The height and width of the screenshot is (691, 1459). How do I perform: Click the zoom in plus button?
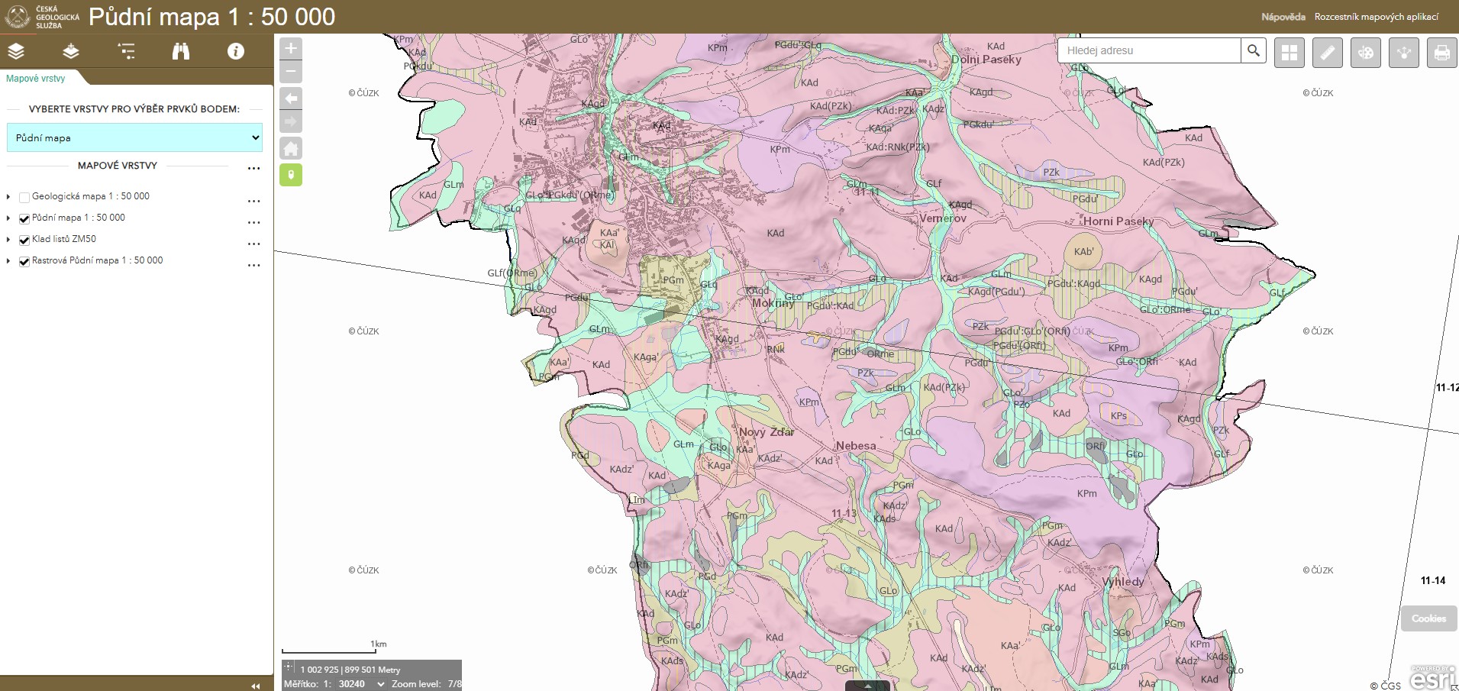(291, 49)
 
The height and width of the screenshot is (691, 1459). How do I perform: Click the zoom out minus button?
(291, 72)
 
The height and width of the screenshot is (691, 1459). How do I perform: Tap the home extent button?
(291, 148)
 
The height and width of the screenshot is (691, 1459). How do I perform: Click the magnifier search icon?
(1254, 51)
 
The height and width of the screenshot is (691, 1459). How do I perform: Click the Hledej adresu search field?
(1148, 51)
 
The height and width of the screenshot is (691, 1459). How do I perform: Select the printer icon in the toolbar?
(1441, 53)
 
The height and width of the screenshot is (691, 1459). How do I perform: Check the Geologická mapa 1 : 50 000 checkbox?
(24, 197)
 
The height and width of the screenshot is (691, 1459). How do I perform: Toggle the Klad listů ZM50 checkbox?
(24, 240)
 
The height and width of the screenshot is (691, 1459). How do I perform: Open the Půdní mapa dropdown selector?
(134, 138)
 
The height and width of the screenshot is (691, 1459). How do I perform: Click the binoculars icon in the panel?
(181, 51)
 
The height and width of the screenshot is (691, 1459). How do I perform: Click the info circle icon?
(236, 51)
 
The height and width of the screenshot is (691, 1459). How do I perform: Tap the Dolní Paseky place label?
(986, 60)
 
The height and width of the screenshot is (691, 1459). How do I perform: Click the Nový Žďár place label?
(767, 432)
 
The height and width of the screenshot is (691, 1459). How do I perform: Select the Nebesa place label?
(856, 446)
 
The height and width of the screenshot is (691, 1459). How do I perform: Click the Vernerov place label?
(943, 218)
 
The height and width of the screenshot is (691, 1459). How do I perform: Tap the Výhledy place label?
(1123, 582)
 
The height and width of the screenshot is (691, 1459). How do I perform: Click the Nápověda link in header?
(1283, 17)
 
